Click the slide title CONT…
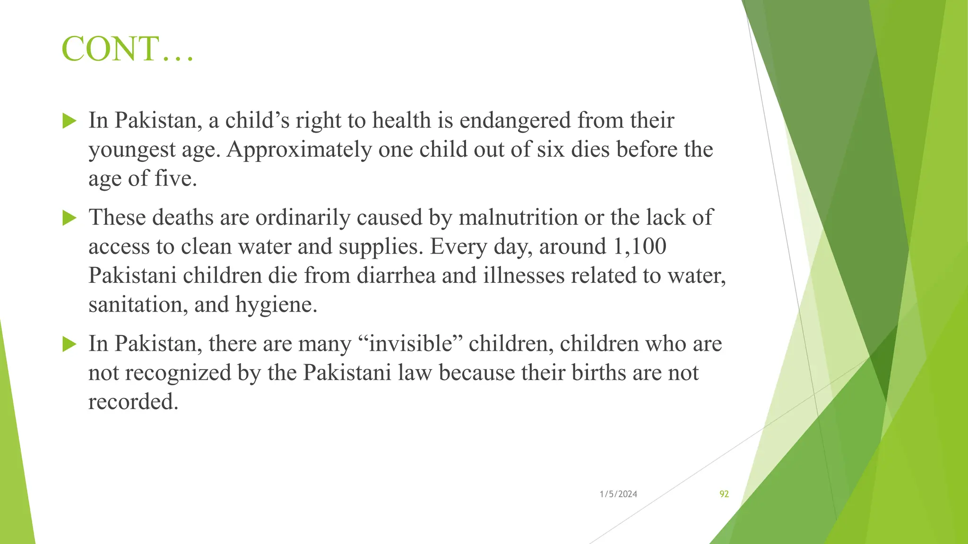click(x=128, y=49)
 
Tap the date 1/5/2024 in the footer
click(x=618, y=494)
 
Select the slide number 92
click(x=724, y=494)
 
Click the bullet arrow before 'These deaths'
click(x=69, y=218)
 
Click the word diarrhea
click(x=396, y=275)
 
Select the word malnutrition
click(x=518, y=218)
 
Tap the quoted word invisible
click(x=410, y=343)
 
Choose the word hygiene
click(x=276, y=305)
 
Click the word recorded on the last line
click(x=133, y=401)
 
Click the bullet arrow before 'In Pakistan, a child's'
click(x=69, y=121)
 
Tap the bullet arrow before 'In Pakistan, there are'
click(x=69, y=344)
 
